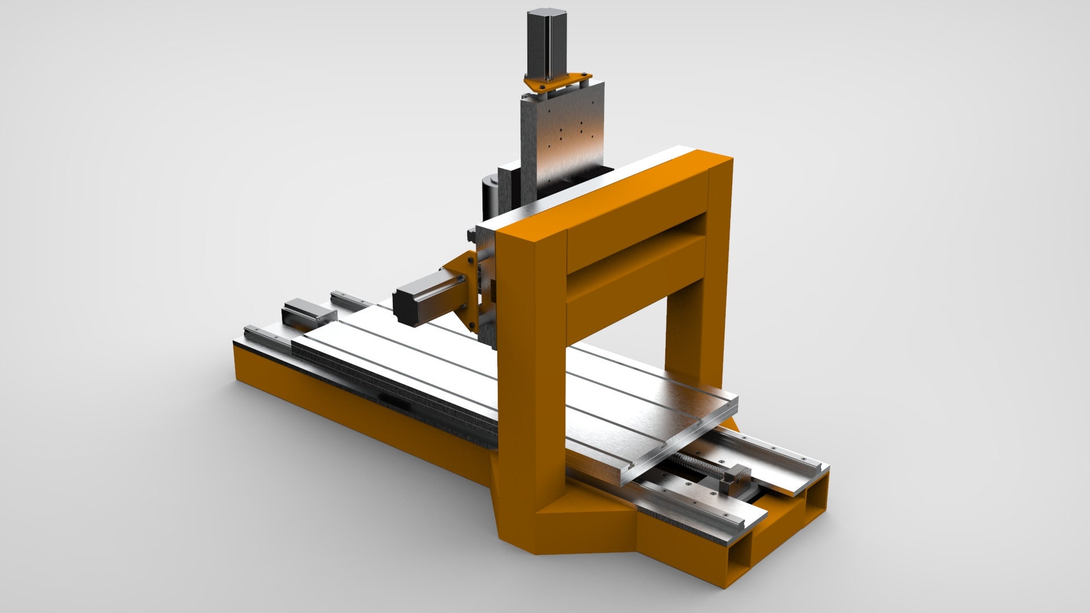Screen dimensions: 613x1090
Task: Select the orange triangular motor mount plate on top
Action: coord(559,82)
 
